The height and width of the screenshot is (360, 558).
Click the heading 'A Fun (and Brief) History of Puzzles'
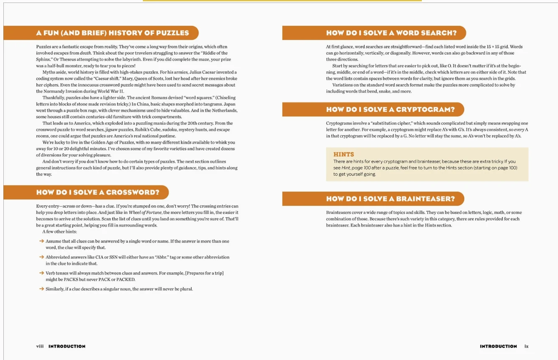pos(112,33)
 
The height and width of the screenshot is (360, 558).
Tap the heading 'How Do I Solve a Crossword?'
pos(98,193)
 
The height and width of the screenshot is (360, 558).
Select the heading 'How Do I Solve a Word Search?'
pos(391,33)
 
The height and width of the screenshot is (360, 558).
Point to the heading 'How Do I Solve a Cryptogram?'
pos(390,109)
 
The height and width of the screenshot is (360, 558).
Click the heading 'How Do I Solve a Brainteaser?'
pos(391,199)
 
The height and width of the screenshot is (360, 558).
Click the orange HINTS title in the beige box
pos(344,155)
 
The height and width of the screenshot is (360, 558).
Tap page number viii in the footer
pos(40,346)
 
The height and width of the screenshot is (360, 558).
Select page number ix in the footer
pos(526,346)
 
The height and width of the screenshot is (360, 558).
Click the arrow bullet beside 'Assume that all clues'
pos(41,241)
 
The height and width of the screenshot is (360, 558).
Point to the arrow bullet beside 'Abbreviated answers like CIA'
pos(41,257)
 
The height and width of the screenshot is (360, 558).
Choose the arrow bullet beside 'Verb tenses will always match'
pos(41,273)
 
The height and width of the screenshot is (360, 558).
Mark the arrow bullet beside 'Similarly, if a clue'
pos(41,289)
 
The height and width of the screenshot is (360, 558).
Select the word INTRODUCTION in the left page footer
pos(67,346)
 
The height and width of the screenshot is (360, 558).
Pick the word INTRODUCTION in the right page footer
pos(498,346)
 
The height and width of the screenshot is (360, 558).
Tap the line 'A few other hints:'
pos(59,231)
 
